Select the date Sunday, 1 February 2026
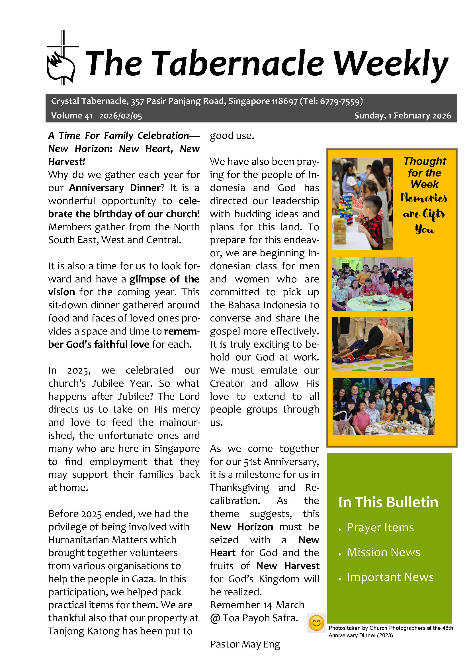pyautogui.click(x=402, y=116)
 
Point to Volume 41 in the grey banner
pyautogui.click(x=72, y=116)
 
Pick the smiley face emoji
pyautogui.click(x=316, y=623)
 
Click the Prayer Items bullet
pyautogui.click(x=380, y=528)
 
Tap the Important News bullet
pyautogui.click(x=390, y=577)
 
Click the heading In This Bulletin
pyautogui.click(x=388, y=502)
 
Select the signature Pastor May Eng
pyautogui.click(x=245, y=644)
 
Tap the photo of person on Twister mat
pyautogui.click(x=372, y=343)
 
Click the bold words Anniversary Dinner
pyautogui.click(x=114, y=188)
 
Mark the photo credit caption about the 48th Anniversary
pyautogui.click(x=390, y=632)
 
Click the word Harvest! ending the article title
pyautogui.click(x=67, y=161)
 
